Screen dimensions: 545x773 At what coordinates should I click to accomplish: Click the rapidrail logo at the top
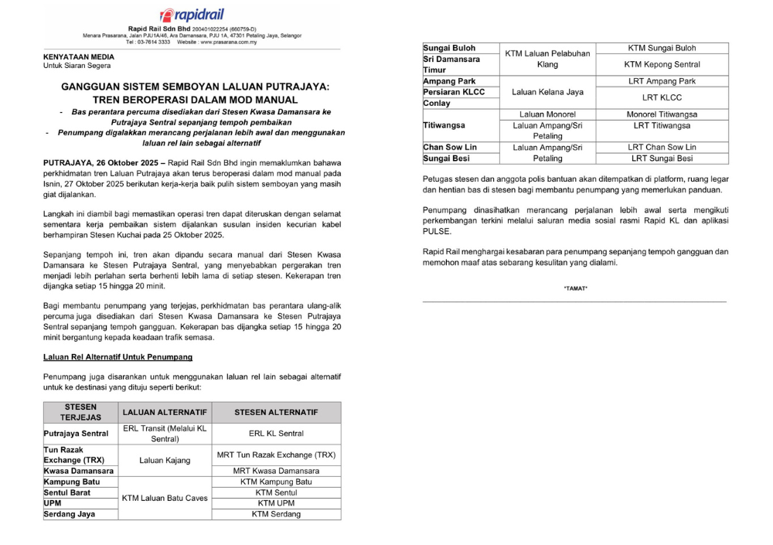pos(192,15)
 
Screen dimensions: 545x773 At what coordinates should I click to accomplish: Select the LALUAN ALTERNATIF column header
pos(165,412)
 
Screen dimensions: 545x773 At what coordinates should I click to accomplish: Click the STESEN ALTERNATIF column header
pos(276,412)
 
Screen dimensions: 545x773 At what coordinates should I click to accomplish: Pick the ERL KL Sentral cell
pos(276,434)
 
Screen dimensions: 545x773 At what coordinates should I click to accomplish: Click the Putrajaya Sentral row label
pos(77,434)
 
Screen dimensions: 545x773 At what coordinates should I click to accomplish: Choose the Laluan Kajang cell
pos(165,460)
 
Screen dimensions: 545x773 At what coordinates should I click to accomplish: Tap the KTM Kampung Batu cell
pos(276,482)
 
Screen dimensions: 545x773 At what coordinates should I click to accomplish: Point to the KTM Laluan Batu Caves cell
pos(165,498)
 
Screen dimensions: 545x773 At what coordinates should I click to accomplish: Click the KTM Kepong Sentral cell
pos(662,64)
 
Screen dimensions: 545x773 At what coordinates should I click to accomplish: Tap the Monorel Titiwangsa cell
pos(662,114)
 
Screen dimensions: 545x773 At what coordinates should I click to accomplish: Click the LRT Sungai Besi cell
pos(662,158)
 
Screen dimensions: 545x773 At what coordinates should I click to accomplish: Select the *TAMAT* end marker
pos(575,288)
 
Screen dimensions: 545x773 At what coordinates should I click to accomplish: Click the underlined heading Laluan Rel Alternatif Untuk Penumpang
pos(117,357)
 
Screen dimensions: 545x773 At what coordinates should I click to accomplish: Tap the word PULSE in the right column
pos(437,230)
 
